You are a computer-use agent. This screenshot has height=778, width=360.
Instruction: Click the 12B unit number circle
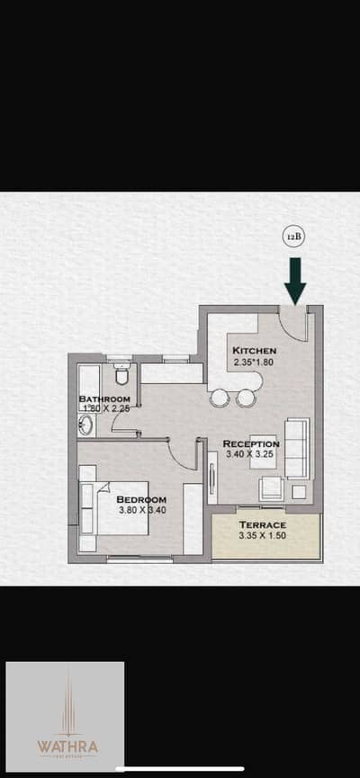coord(294,237)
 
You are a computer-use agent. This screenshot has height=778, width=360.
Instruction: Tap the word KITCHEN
coord(254,351)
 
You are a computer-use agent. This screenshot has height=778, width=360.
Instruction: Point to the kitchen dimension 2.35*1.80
coord(254,362)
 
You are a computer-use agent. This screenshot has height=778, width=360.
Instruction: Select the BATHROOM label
coord(104,399)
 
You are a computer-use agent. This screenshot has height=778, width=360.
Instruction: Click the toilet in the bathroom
coord(122,374)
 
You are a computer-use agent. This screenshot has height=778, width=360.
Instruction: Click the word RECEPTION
coord(251,443)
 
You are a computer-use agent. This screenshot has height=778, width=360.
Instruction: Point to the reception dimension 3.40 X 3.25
coord(251,455)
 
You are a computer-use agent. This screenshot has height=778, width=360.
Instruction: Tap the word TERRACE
coord(262,524)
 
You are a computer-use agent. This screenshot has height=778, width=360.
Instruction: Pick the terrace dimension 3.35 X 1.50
coord(262,537)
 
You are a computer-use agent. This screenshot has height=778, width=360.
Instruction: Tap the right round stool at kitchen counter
coord(246,398)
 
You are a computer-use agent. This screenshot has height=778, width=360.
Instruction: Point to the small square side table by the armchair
coord(299,492)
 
